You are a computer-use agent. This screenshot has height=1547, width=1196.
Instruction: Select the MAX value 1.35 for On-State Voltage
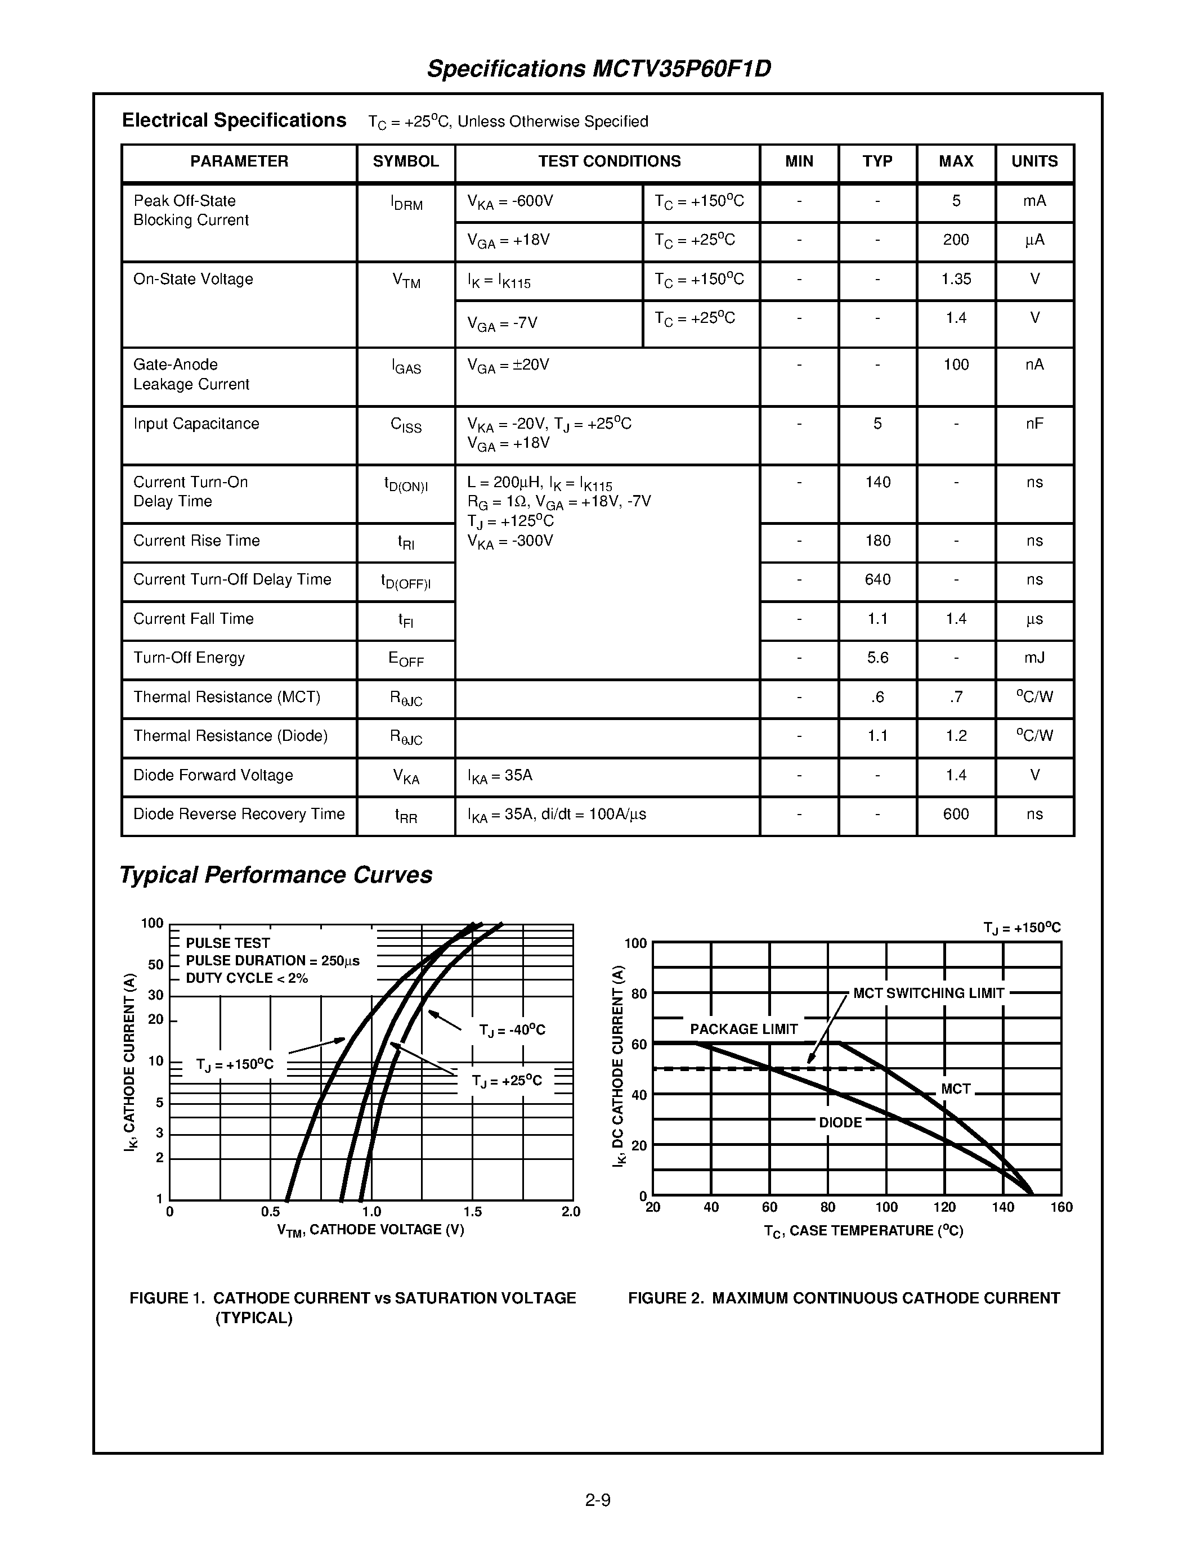[x=955, y=279]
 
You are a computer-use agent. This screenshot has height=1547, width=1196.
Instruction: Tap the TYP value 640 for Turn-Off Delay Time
[x=877, y=579]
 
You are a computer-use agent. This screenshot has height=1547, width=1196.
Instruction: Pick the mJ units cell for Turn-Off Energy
[x=1034, y=658]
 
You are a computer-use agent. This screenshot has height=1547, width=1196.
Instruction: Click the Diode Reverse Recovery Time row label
[x=239, y=814]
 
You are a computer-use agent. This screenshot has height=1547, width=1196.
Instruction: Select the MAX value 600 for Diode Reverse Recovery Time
[x=955, y=814]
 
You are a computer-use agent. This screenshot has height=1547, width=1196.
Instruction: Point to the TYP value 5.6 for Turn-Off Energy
[x=877, y=658]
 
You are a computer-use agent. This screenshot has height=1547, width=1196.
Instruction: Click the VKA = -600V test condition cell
[x=509, y=202]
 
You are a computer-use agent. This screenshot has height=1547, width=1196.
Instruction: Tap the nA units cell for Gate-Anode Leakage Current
[x=1034, y=365]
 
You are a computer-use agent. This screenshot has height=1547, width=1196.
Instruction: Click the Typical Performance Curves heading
[x=276, y=875]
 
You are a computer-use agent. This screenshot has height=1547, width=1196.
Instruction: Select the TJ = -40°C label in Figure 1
[x=512, y=1030]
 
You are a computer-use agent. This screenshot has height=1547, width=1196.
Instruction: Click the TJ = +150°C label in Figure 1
[x=235, y=1065]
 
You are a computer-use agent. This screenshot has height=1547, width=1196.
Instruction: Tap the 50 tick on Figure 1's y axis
[x=156, y=965]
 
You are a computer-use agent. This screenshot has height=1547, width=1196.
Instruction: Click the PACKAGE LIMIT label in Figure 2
[x=743, y=1029]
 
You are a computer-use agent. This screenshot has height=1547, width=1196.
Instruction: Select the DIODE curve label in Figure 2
[x=840, y=1123]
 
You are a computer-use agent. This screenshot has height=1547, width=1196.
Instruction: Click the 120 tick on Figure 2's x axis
[x=944, y=1208]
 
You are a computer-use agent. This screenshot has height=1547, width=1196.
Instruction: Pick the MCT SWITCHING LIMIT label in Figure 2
[x=928, y=993]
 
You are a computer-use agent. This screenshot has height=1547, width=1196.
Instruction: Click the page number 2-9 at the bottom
[x=597, y=1500]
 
